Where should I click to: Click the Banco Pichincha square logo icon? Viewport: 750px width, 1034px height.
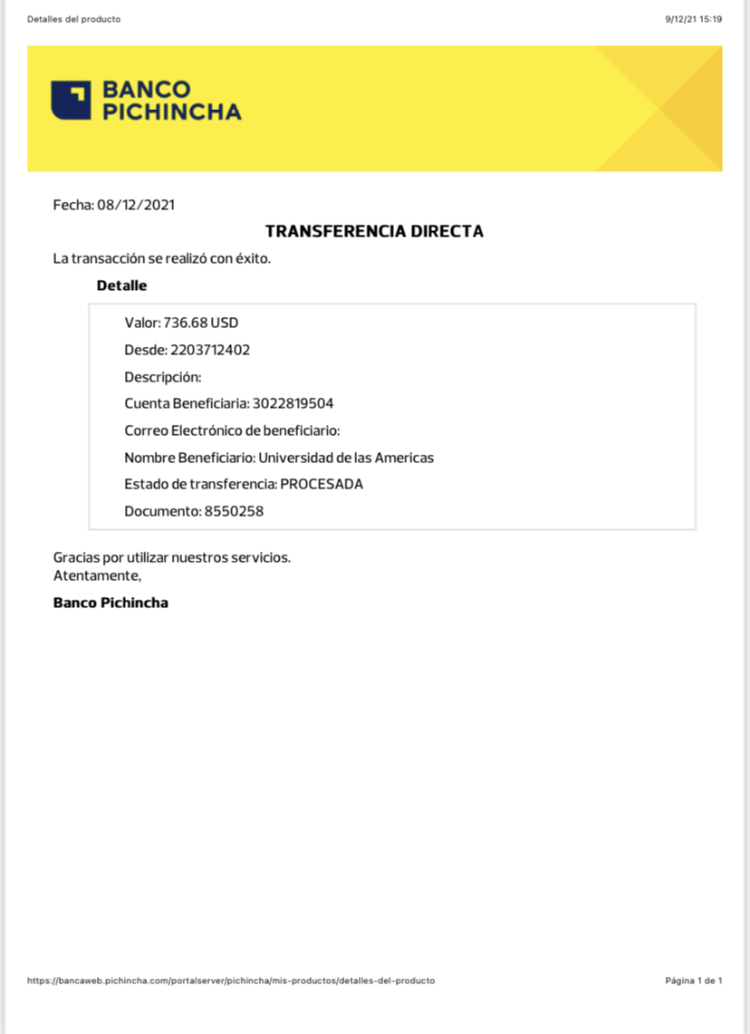coord(72,100)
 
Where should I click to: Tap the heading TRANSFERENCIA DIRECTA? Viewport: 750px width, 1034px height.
coord(374,231)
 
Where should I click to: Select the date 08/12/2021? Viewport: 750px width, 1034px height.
coord(136,205)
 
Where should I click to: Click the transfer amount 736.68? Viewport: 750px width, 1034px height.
coord(186,323)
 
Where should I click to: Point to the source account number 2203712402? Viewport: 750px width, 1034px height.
coord(210,350)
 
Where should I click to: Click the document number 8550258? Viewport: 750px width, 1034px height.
coord(234,511)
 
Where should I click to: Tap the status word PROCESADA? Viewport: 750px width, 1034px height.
coord(322,484)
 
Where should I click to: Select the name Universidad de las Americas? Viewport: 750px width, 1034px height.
coord(346,458)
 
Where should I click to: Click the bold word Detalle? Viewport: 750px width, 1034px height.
coord(121,285)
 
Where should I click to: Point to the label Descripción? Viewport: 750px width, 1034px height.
coord(163,377)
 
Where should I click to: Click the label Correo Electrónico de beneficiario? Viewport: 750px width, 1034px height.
coord(232,430)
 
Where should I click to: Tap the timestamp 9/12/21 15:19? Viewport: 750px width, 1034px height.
coord(693,19)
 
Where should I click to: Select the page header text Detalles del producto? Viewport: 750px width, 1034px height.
coord(73,19)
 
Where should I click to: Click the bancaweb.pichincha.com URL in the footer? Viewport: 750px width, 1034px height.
coord(231,981)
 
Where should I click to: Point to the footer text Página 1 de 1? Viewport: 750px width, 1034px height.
coord(693,981)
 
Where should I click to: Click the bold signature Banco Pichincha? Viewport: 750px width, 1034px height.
coord(111,603)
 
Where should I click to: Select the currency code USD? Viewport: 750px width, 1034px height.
coord(225,323)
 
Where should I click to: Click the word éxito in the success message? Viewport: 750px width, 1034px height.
coord(252,258)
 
